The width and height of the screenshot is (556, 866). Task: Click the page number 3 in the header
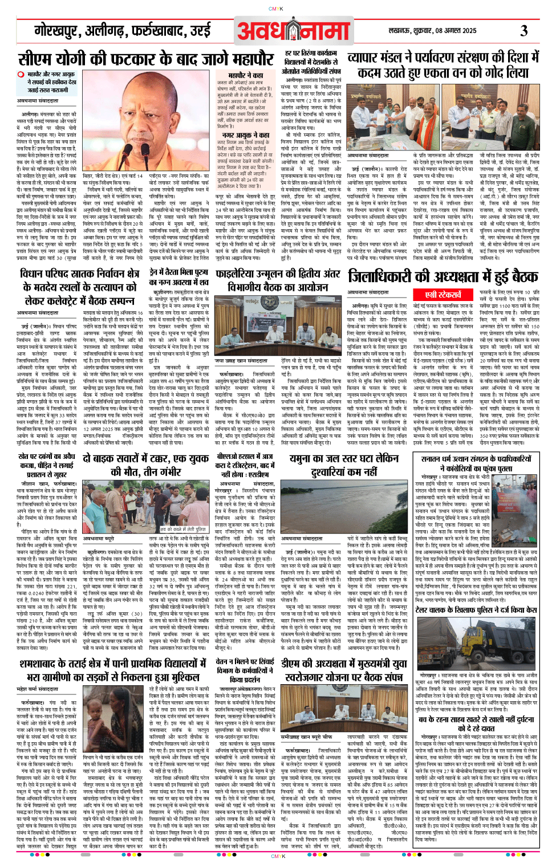click(x=523, y=31)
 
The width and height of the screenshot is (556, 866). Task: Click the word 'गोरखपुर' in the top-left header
click(x=57, y=31)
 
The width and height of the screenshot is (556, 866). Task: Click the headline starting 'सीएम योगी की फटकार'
click(x=146, y=59)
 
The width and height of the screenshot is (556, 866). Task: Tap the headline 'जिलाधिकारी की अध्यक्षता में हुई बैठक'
click(x=443, y=277)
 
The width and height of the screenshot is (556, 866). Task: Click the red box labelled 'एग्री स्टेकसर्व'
click(x=443, y=295)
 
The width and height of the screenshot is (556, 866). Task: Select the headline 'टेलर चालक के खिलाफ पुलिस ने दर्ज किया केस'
click(x=476, y=609)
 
